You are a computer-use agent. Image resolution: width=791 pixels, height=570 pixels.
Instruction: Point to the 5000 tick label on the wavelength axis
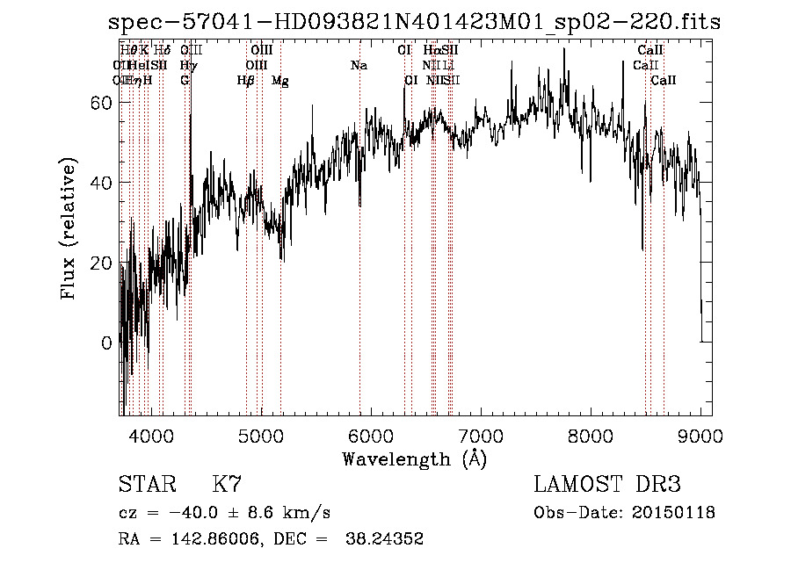click(x=260, y=437)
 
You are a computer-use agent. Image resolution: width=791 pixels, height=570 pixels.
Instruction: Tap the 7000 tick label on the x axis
click(x=481, y=437)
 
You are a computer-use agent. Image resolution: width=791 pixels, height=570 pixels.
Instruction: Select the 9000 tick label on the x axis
click(x=700, y=437)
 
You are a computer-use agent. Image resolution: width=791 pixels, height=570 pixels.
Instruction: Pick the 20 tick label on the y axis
click(x=102, y=263)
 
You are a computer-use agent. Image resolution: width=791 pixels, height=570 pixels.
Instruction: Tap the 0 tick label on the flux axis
click(x=107, y=343)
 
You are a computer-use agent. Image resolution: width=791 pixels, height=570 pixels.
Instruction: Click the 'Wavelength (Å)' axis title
click(x=414, y=458)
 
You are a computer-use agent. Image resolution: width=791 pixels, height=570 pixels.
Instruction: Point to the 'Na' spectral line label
click(x=359, y=66)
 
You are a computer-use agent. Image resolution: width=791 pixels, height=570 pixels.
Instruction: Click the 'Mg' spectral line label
click(x=279, y=81)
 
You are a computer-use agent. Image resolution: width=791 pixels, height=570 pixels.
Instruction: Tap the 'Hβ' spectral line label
click(x=246, y=81)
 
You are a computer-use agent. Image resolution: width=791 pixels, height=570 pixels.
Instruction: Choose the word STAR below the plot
click(x=146, y=485)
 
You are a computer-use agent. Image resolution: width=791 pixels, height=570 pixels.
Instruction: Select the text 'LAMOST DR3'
click(x=607, y=485)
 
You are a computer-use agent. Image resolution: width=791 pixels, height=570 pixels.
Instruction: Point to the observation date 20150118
click(x=675, y=513)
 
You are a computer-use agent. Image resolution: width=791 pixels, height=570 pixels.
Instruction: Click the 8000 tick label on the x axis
click(x=591, y=437)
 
